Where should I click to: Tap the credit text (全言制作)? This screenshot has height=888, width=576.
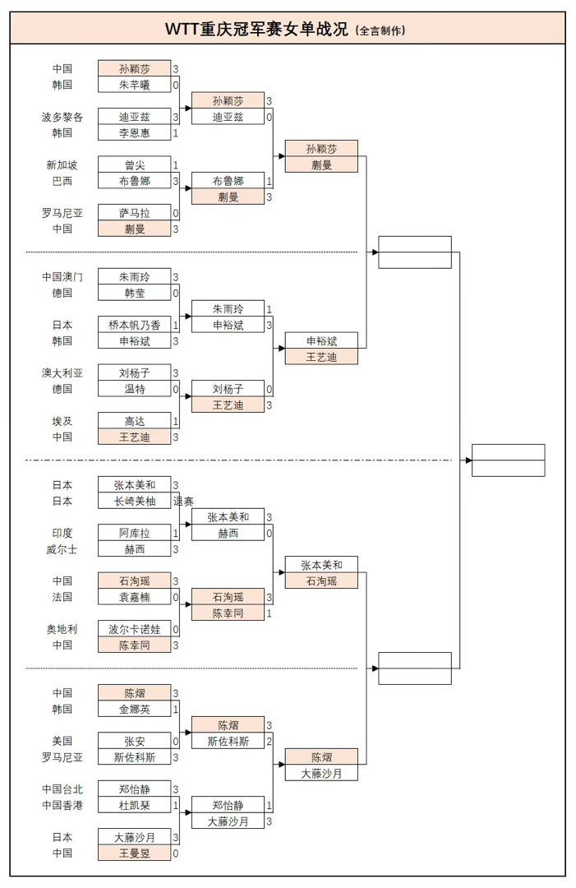[380, 30]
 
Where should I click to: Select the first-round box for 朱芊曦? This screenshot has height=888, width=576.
[135, 85]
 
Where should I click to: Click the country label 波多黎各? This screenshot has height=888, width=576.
[62, 117]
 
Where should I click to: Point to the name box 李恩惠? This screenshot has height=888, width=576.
[135, 133]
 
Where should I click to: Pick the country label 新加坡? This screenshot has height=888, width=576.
[62, 165]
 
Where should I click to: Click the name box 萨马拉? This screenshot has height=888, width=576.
[135, 213]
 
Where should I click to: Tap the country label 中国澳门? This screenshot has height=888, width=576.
[62, 277]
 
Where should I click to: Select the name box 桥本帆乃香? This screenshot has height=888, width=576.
[135, 326]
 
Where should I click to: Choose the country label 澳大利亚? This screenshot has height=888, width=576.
[62, 373]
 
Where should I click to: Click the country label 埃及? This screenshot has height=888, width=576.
[62, 421]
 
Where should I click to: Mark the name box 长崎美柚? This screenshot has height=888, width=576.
[135, 502]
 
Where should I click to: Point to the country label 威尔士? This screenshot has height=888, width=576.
[62, 549]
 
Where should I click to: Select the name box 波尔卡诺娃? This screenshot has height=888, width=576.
[135, 629]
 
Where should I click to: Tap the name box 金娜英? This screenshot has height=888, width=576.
[135, 709]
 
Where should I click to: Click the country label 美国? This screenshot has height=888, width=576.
[62, 741]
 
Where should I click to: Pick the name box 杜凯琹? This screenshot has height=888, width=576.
[135, 805]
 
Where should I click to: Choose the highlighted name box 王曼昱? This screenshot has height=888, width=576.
[135, 853]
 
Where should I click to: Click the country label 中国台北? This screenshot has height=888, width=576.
[62, 789]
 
